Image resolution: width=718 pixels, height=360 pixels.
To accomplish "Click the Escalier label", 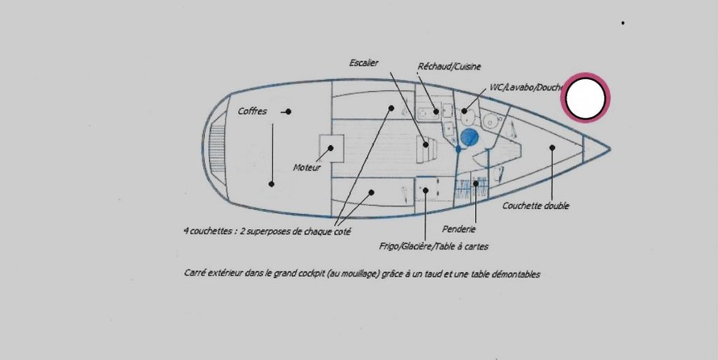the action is pos(364,63).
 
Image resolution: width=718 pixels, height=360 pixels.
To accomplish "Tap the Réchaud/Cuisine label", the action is pos(449,66).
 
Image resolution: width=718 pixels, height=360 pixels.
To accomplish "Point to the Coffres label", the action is pos(252,111).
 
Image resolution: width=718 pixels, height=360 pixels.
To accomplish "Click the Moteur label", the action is pos(307,168).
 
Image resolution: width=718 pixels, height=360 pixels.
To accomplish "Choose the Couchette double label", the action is pos(536,206).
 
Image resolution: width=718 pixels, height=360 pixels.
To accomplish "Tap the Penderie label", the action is pos(459,229).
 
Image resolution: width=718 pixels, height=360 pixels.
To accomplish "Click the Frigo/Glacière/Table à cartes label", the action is pos(434,246).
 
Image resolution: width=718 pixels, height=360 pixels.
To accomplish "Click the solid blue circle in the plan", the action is pos(470,137).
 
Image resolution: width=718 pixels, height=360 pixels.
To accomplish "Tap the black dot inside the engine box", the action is pos(330,148).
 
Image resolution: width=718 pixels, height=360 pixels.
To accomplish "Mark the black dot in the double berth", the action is pos(553,148).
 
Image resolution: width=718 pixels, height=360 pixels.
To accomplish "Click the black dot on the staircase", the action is pos(425,144).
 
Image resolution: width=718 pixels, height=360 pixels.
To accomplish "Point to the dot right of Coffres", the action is pos(288,111).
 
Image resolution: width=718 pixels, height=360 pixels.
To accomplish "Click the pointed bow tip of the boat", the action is pos(609,148).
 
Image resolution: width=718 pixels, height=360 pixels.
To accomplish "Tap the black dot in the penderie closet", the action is pos(476,184).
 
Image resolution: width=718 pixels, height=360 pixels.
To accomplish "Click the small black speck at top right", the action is pos(623,23).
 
